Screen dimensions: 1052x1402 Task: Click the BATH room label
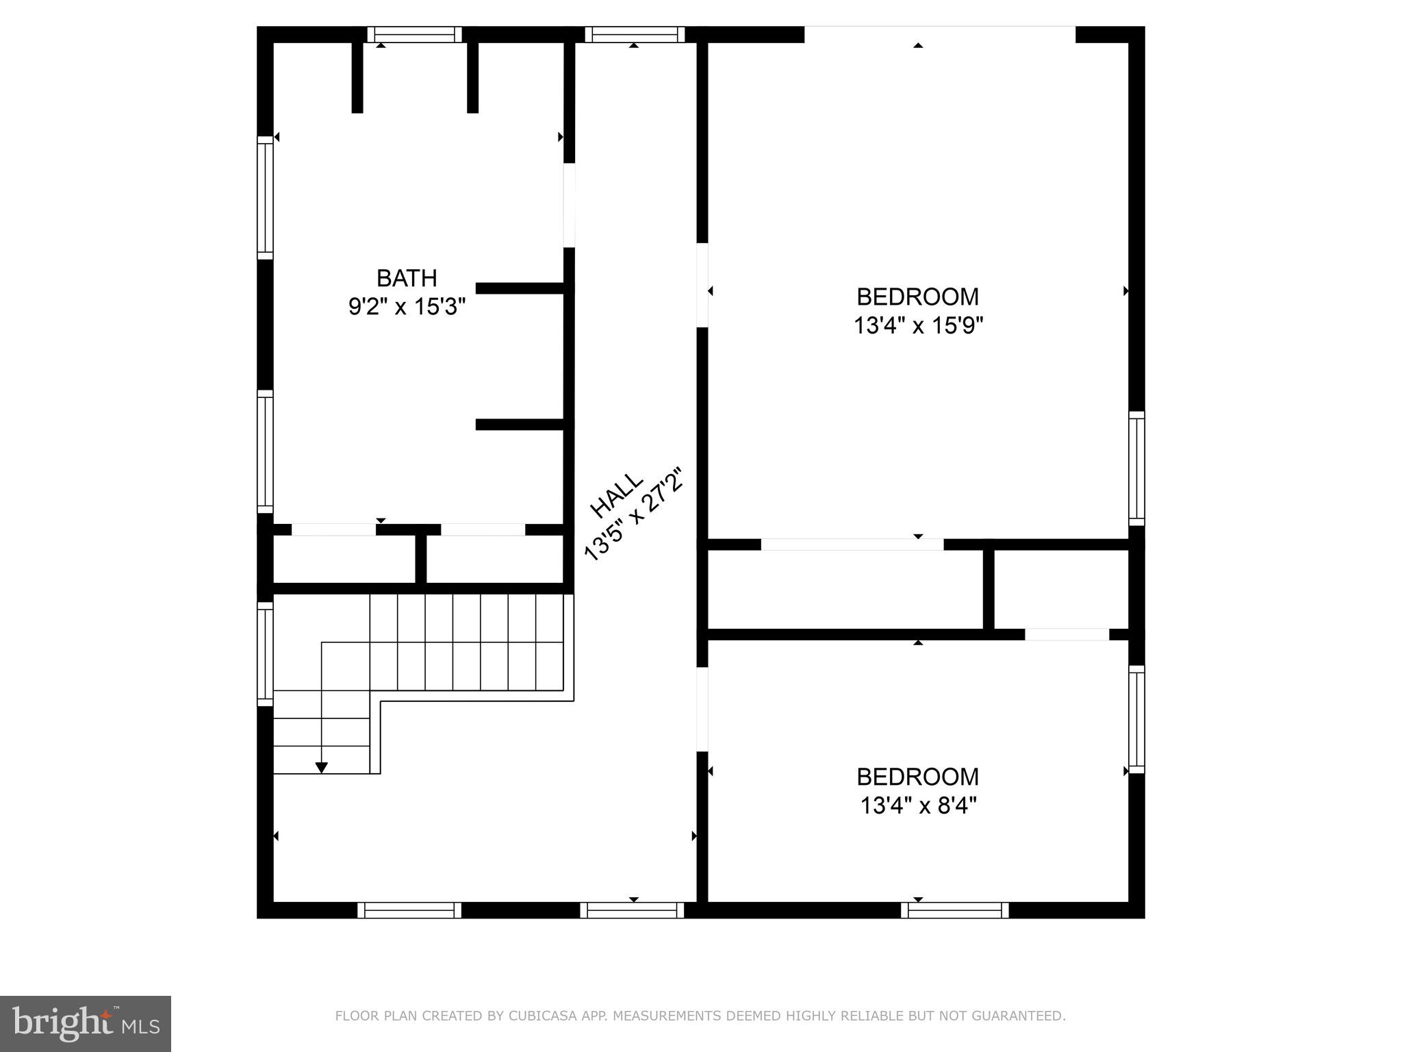click(x=407, y=278)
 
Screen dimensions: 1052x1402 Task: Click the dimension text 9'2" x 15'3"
click(x=407, y=306)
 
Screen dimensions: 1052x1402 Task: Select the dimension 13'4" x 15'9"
click(x=917, y=325)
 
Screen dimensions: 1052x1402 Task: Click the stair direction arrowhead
click(x=321, y=768)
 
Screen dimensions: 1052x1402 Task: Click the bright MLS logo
click(x=86, y=1023)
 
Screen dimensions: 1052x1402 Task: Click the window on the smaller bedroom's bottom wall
click(x=954, y=910)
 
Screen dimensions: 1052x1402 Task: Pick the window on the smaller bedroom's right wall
click(x=1136, y=719)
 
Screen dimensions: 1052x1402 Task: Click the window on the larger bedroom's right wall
click(x=1136, y=468)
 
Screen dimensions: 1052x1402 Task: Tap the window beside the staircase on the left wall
click(x=265, y=653)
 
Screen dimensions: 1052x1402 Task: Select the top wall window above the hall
click(x=635, y=34)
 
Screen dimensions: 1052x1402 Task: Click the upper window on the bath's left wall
click(x=265, y=197)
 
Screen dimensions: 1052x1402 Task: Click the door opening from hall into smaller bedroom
click(x=702, y=708)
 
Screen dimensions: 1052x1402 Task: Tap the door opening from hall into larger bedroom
click(x=702, y=285)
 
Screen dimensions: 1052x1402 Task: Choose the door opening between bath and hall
click(x=569, y=205)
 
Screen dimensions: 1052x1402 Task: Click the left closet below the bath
click(x=344, y=559)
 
